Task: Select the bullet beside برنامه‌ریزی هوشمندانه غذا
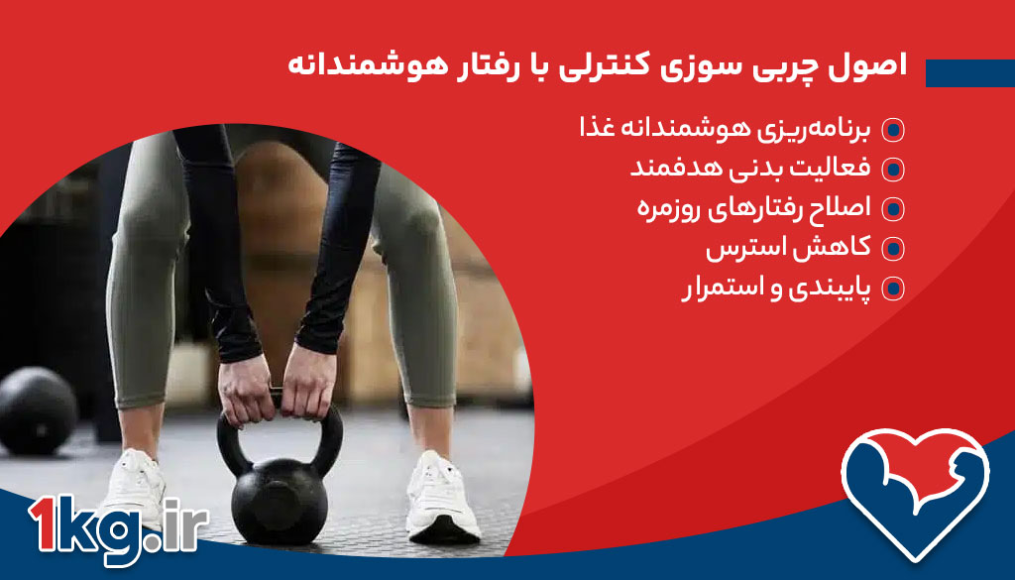(893, 130)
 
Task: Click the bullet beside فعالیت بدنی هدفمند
(893, 170)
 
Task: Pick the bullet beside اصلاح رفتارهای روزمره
(893, 209)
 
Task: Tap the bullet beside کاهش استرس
(893, 249)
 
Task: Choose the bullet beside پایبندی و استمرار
(893, 289)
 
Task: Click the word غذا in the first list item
(598, 129)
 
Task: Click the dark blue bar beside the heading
(969, 72)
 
